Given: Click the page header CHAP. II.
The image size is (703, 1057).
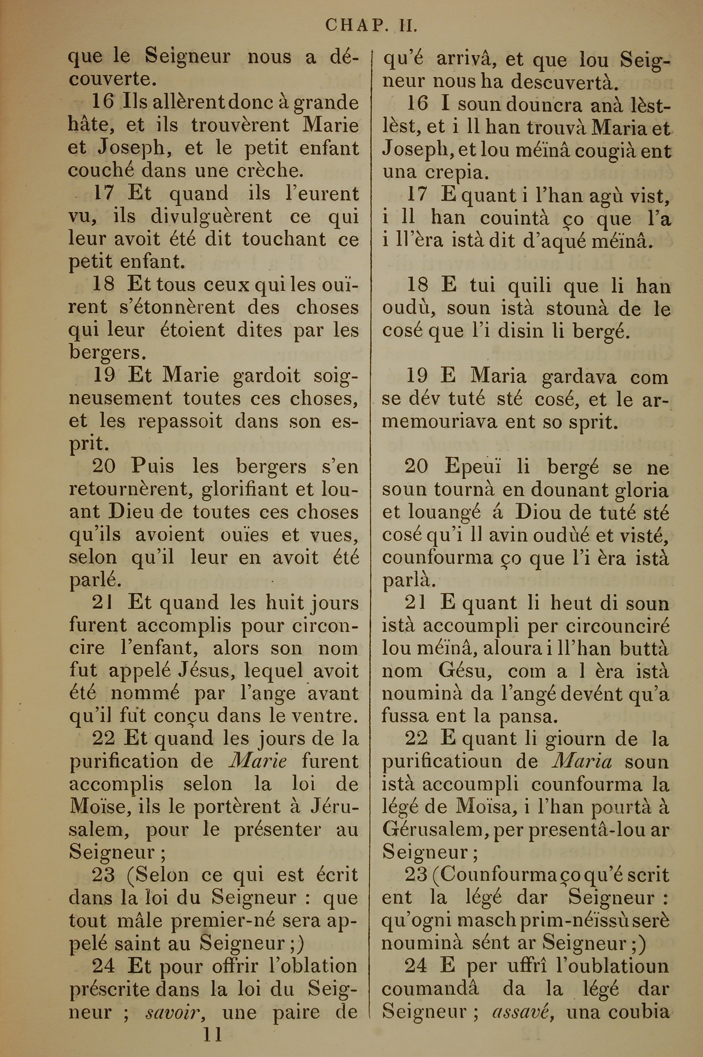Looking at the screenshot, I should tap(371, 26).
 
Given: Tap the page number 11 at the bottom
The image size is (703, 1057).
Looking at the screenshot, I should tap(213, 1023).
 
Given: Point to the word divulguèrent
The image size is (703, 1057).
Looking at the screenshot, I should tap(211, 216).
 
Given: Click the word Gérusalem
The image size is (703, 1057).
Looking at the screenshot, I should tap(434, 830).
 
